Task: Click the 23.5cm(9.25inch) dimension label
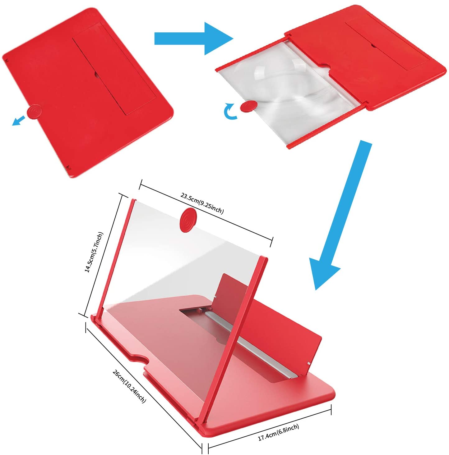click(202, 203)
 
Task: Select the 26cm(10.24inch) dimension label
click(129, 386)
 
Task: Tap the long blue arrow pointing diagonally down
click(339, 217)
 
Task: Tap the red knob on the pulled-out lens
click(248, 106)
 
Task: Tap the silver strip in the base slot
click(249, 345)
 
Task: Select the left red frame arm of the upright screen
click(117, 258)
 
